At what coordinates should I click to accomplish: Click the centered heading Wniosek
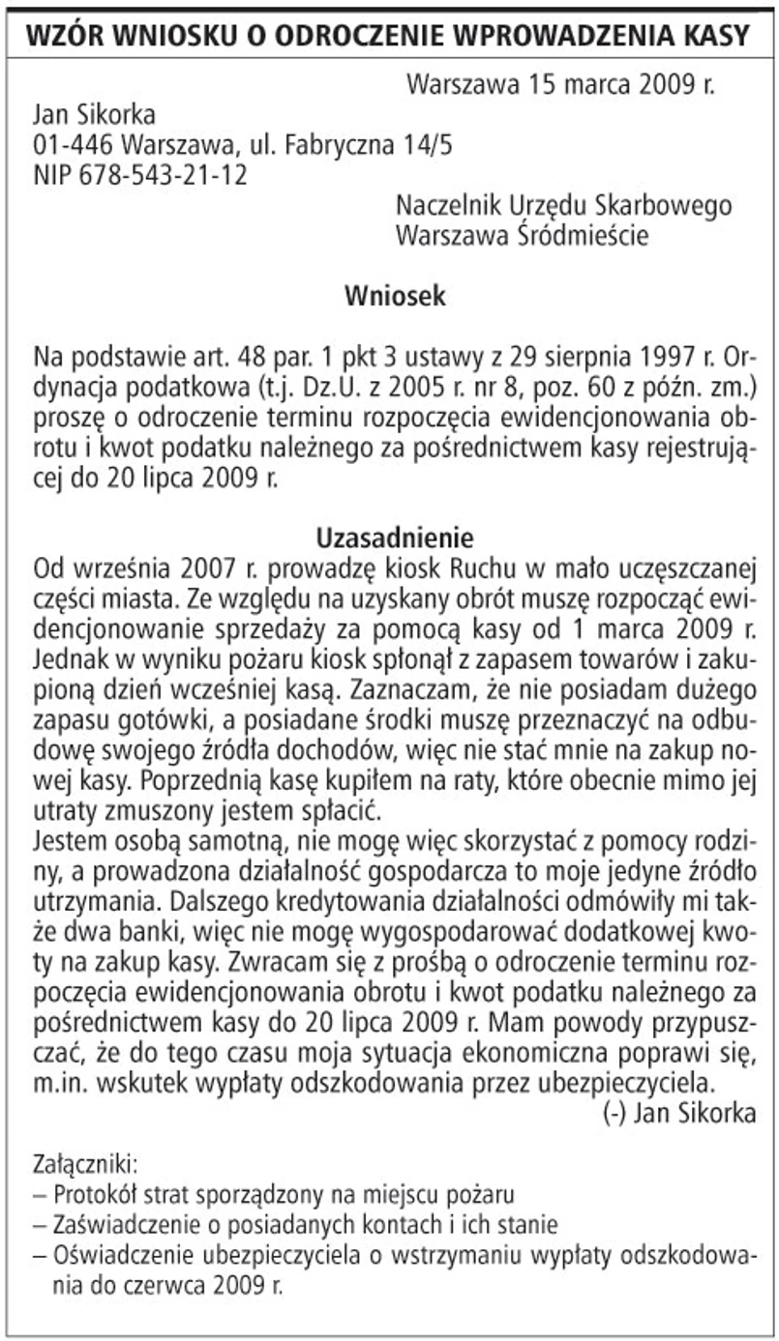tap(395, 296)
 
